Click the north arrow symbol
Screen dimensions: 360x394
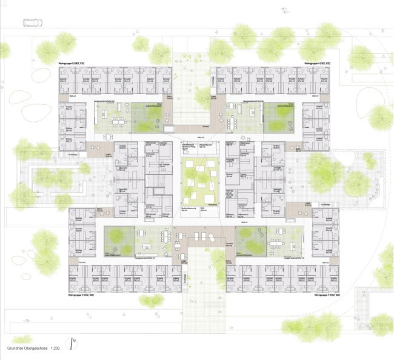(73, 342)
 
